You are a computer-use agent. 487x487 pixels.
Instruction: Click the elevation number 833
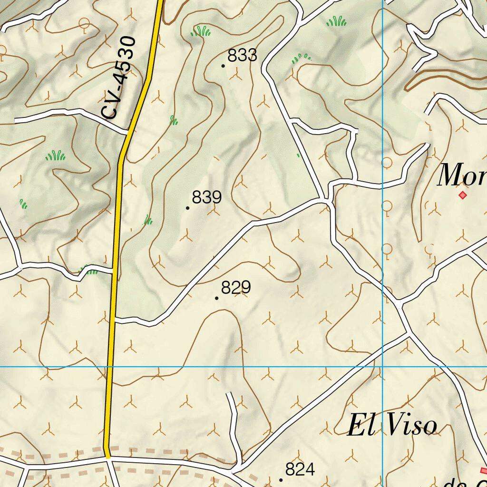(x=242, y=56)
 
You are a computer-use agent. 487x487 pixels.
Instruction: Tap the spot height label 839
(x=207, y=197)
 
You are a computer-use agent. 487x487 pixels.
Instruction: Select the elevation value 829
(x=236, y=288)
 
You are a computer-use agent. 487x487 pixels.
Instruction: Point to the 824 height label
(x=300, y=469)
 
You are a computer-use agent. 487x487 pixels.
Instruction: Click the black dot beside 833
(x=223, y=66)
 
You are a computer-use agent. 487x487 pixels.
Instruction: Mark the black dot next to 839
(x=188, y=208)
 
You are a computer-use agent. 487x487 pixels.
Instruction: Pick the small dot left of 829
(x=217, y=298)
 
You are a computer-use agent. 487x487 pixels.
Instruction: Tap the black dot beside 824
(x=281, y=480)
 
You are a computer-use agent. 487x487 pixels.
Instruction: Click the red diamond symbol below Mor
(x=462, y=195)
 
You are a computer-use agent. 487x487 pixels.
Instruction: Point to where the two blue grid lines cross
(x=383, y=367)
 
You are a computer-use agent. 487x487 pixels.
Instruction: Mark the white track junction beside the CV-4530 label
(x=128, y=131)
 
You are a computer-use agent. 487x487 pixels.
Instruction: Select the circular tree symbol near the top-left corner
(x=85, y=23)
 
